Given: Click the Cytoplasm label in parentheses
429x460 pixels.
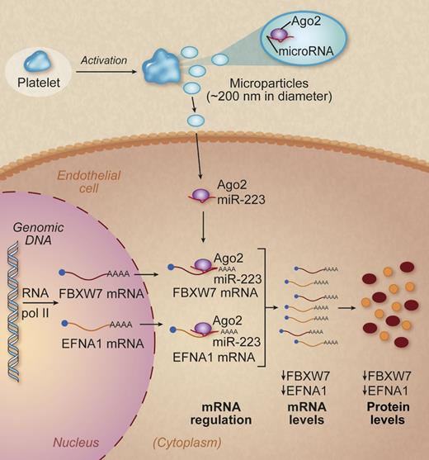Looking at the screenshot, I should click(x=161, y=442).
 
